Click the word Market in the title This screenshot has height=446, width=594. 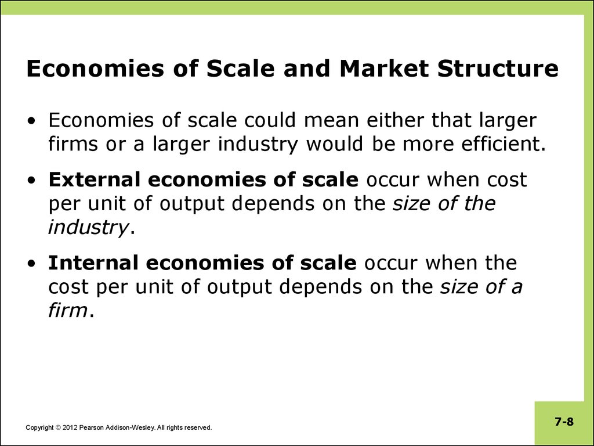coord(384,69)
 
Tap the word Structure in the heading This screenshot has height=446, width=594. coord(498,69)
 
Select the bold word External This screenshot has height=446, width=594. coord(95,179)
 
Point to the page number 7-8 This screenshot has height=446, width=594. coord(564,422)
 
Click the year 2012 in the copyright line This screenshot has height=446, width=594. coord(70,428)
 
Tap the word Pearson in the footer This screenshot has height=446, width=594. coord(91,428)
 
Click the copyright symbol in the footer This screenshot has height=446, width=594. coord(58,428)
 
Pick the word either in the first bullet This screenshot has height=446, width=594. coord(394,120)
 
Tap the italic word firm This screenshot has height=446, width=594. coord(68,310)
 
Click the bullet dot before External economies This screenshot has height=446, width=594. coord(32,181)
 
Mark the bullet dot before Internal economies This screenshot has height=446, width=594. coord(32,263)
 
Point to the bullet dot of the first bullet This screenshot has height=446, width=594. coord(32,121)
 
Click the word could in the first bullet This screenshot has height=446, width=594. coord(269,120)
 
